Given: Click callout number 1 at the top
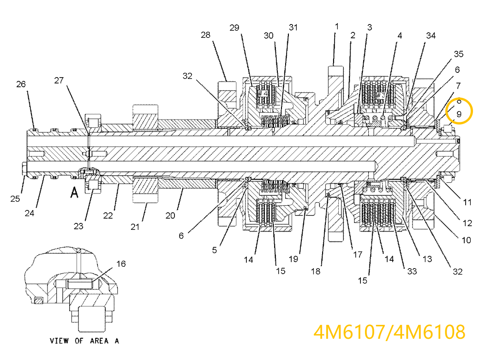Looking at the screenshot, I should click(x=337, y=26).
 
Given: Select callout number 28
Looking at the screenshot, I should click(x=206, y=35).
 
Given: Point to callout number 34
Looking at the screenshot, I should click(x=431, y=36).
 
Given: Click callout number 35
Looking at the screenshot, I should click(x=458, y=54).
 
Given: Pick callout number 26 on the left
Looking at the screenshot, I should click(x=21, y=84).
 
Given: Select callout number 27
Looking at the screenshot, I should click(x=59, y=80).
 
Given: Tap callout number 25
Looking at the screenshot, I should click(x=15, y=198).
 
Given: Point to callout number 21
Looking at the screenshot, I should click(x=135, y=227).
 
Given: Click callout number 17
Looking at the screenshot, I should click(x=358, y=254).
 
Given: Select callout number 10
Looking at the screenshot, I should click(x=466, y=240).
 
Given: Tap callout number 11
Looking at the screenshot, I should click(x=467, y=202).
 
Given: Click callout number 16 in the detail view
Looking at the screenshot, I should click(x=120, y=264).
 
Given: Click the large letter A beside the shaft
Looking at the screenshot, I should click(x=73, y=192).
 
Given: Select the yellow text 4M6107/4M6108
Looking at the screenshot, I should click(x=389, y=332).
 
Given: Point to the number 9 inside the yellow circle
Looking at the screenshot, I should click(x=459, y=114).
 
